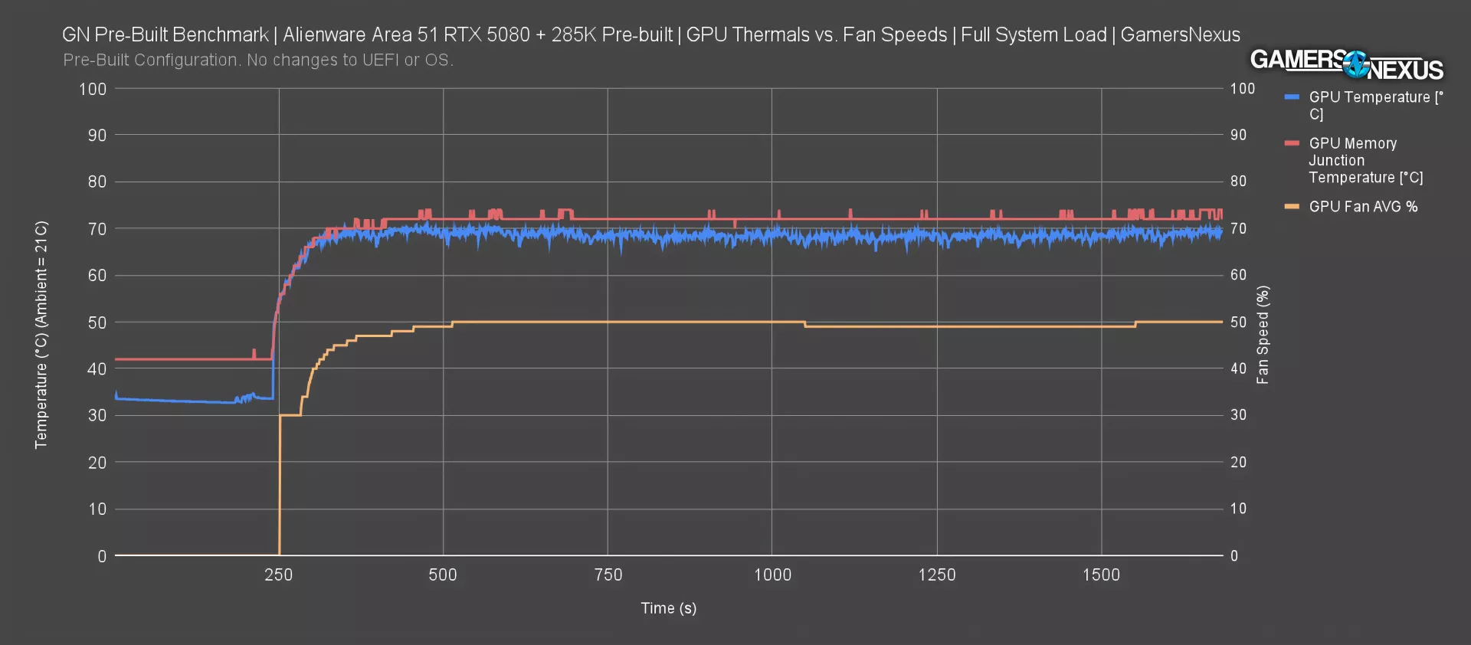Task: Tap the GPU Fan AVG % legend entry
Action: (x=1362, y=207)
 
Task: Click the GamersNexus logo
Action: (x=1346, y=65)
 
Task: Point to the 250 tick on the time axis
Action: (x=278, y=575)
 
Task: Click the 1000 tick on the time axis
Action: (x=772, y=575)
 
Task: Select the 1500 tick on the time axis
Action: (x=1101, y=575)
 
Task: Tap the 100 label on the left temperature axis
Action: (x=93, y=89)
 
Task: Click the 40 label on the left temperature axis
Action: (x=97, y=368)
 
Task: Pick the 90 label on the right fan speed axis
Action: (x=1238, y=135)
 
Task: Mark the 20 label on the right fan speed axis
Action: (x=1238, y=462)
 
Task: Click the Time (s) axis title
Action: (x=668, y=608)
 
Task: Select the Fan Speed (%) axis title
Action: (x=1263, y=335)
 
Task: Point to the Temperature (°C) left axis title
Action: (x=41, y=335)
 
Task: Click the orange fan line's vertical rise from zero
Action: (x=279, y=483)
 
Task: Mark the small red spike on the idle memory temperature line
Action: (x=254, y=352)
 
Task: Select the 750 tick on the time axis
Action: (x=608, y=575)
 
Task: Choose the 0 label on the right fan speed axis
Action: (x=1233, y=556)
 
